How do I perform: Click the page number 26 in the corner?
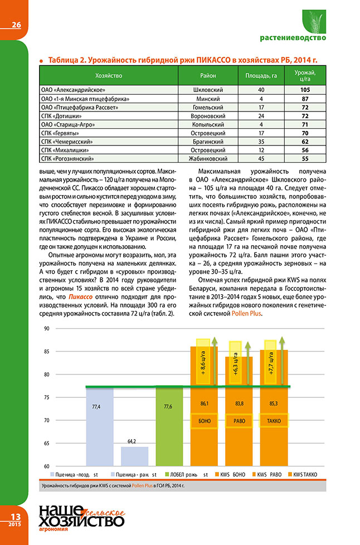pos(15,25)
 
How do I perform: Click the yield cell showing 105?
pos(305,89)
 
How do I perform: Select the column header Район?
pos(208,75)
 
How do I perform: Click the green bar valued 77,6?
pos(168,426)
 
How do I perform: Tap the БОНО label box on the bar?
pos(205,421)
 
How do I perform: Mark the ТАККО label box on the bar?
pos(274,421)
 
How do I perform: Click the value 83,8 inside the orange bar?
pos(240,402)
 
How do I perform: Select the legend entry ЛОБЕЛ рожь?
pos(181,474)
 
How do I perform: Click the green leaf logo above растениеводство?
pos(312,21)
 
